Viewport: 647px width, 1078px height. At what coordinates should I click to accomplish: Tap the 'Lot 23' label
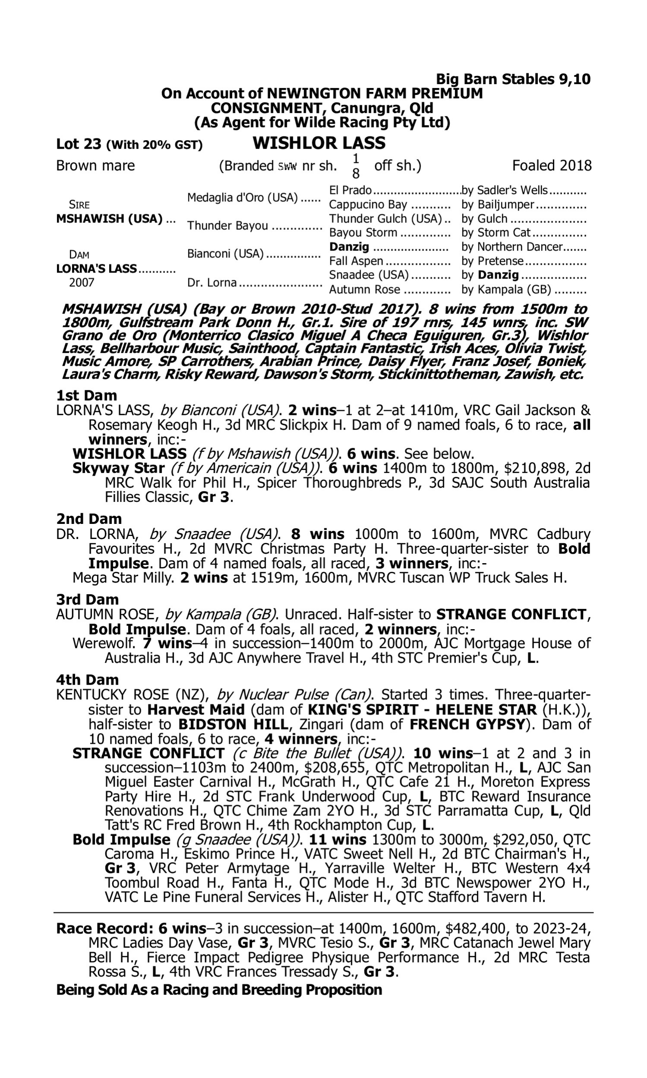point(79,144)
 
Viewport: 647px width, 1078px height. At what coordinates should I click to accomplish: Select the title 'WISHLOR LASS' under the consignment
point(319,143)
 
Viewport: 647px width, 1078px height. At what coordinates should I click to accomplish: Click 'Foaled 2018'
point(552,166)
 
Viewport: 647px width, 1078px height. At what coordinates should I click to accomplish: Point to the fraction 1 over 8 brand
point(355,166)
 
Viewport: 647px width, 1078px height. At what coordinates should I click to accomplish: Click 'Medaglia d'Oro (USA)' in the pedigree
point(242,198)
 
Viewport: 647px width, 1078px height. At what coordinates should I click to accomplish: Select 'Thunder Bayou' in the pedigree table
point(228,226)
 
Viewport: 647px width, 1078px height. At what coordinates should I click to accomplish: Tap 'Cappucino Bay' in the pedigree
point(368,205)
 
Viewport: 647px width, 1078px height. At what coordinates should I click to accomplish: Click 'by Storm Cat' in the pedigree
point(496,233)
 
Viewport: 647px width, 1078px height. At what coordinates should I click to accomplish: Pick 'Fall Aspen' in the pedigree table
point(356,261)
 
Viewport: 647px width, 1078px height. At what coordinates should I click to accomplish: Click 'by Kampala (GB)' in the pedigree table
point(506,290)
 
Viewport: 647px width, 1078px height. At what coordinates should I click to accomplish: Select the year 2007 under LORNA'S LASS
point(82,283)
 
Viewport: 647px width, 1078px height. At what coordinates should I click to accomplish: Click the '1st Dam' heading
point(86,396)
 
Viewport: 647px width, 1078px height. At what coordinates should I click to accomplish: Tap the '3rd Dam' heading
point(87,599)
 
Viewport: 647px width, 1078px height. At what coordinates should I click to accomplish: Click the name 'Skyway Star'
point(118,468)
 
